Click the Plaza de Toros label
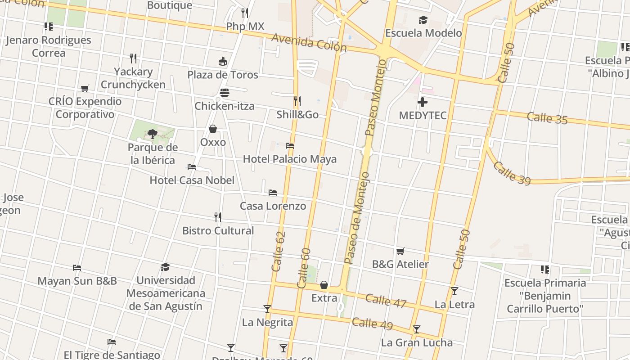[223, 75]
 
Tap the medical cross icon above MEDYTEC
[422, 103]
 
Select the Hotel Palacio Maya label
[289, 159]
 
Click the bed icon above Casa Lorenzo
[272, 193]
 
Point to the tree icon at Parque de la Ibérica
[153, 134]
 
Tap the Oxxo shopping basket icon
[213, 129]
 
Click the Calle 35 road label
[547, 118]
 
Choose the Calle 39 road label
[512, 173]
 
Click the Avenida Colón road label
[309, 42]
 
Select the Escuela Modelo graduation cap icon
[423, 20]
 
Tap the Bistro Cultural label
[218, 230]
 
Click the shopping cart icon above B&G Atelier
[400, 251]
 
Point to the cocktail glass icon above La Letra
[454, 291]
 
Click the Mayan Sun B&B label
[77, 281]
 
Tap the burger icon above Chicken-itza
[224, 93]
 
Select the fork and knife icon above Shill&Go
[297, 101]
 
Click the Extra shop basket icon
[324, 285]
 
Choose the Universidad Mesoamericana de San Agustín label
[165, 293]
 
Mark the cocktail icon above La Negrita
[267, 309]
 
